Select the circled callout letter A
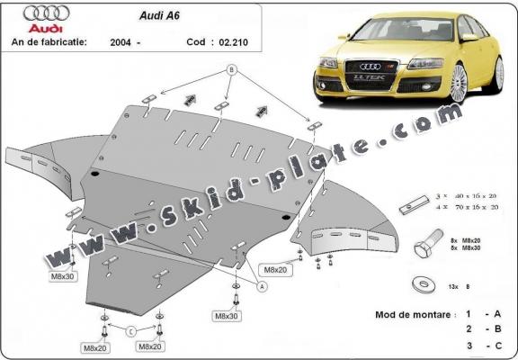(263, 285)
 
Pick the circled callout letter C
(130, 329)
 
